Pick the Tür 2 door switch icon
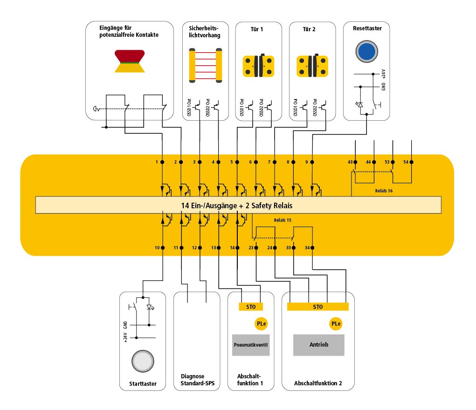(312, 65)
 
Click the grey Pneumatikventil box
(251, 345)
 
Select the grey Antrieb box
(318, 345)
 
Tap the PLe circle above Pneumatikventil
(261, 324)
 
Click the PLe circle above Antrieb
(336, 324)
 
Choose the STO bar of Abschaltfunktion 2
(317, 306)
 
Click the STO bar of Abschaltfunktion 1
(251, 306)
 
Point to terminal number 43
(350, 162)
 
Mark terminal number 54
(406, 162)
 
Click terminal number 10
(157, 247)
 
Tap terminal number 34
(307, 247)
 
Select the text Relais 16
(384, 191)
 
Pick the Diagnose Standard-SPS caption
(192, 380)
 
